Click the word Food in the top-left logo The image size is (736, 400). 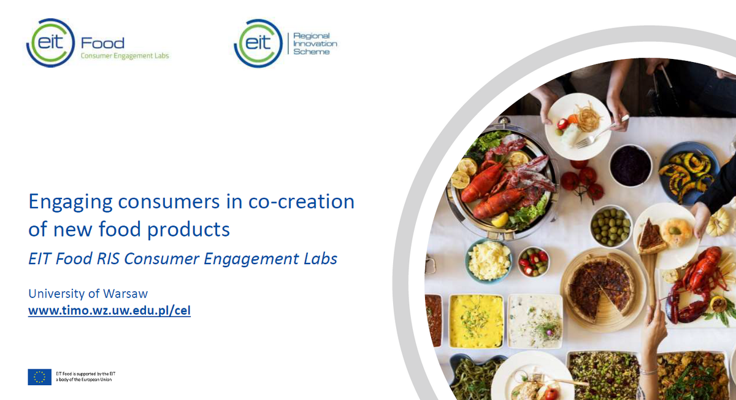[102, 43]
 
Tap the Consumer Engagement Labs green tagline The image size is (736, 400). [125, 56]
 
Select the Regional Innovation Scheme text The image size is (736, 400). [315, 44]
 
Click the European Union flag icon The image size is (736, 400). [39, 377]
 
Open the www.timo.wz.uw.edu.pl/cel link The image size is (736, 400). [109, 310]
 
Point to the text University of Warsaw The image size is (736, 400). [88, 293]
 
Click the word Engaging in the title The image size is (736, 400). [71, 202]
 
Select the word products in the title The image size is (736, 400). [188, 230]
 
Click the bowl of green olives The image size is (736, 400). [611, 227]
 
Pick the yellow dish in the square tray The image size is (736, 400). [476, 321]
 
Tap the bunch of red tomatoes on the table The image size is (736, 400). [582, 182]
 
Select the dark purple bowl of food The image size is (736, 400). [631, 166]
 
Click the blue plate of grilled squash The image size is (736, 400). [688, 173]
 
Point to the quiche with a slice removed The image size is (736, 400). [602, 288]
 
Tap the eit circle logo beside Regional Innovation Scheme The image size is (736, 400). [258, 44]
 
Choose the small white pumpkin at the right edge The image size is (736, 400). [720, 222]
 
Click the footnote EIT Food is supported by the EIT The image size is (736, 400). [85, 374]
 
